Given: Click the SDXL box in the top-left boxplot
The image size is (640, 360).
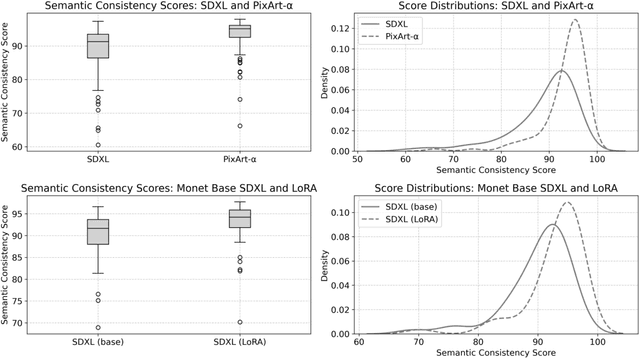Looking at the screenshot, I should click(98, 46).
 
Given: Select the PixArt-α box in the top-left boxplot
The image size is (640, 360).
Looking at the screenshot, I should click(239, 31).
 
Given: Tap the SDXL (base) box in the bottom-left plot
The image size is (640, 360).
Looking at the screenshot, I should click(98, 231).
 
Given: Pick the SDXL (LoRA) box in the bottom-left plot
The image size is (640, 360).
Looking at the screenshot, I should click(239, 218).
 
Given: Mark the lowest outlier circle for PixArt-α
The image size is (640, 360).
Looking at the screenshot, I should click(239, 126).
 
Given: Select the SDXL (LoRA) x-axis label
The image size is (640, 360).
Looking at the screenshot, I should click(239, 346).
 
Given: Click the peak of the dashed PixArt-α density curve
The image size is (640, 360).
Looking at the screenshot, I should click(575, 20).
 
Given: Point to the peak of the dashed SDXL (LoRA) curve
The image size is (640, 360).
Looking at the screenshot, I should click(568, 203).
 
